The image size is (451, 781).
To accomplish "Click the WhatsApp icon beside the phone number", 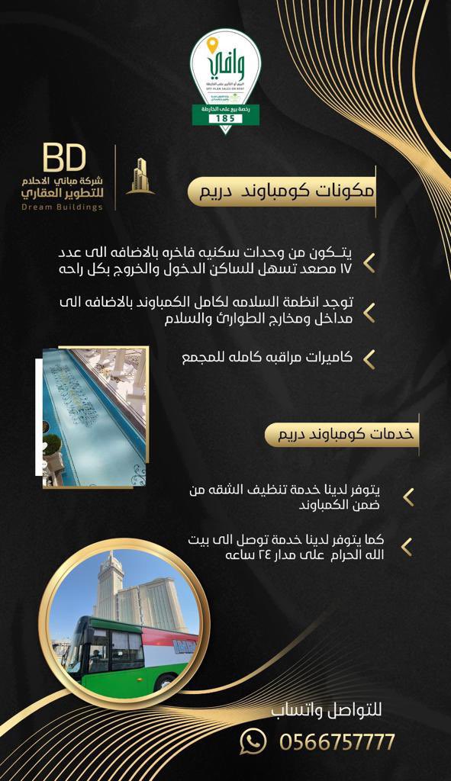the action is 253,741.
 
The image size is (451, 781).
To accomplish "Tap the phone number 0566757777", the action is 337,741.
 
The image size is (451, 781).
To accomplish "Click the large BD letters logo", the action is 64,159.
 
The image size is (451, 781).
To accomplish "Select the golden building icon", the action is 140,176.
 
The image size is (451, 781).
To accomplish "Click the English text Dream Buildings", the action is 62,207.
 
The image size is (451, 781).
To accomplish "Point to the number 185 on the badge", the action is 225,119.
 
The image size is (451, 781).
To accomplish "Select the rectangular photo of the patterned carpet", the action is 95,418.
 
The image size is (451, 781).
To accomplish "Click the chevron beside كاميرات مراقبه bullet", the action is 369,358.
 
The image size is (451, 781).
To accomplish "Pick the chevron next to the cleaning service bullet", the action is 408,497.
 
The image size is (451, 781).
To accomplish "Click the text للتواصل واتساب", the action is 326,711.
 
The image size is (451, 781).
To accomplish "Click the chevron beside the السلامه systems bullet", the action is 369,311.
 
